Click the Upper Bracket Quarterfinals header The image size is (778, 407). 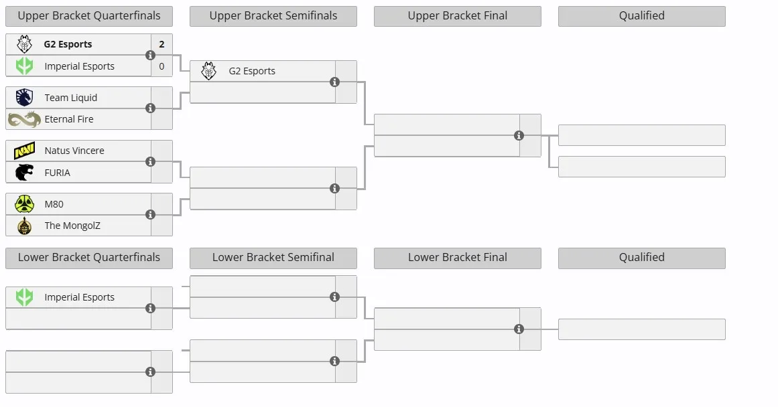point(89,16)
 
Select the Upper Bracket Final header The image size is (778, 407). point(458,16)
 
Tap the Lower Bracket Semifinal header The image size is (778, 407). point(273,258)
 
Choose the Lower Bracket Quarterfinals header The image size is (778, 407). point(89,258)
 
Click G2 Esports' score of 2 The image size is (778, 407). point(161,44)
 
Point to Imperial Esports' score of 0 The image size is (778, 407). point(161,66)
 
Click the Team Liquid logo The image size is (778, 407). point(24,97)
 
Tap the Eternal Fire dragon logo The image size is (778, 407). point(24,119)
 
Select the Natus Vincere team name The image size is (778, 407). point(74,151)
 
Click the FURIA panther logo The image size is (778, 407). point(24,173)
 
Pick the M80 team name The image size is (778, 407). point(54,204)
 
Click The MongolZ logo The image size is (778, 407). point(24,226)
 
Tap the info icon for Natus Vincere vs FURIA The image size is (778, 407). point(150,161)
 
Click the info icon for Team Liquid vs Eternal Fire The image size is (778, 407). point(150,108)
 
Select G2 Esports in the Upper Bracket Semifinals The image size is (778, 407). point(252,71)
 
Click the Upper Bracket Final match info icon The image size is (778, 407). point(519,135)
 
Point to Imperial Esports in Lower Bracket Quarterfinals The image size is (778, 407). point(79,297)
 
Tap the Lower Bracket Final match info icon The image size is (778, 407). point(519,329)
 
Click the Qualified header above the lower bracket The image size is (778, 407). point(641,258)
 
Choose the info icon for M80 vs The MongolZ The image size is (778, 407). point(150,215)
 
